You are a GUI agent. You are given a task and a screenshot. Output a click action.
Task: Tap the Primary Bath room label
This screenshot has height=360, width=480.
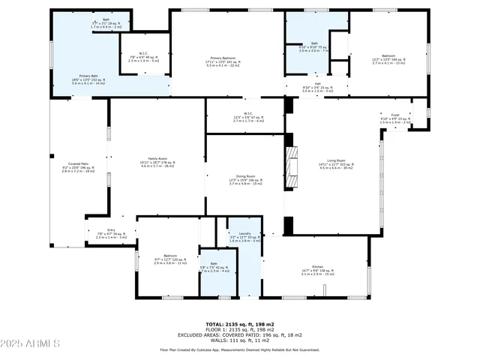(x=88, y=79)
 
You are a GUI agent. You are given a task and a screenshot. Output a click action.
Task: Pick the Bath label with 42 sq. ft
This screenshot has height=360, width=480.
(x=214, y=268)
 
